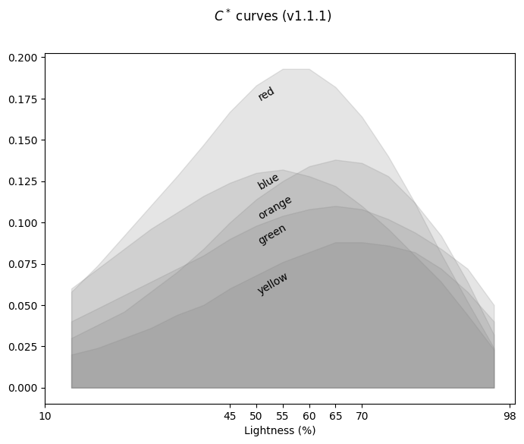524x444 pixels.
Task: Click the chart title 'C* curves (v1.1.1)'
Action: coord(272,16)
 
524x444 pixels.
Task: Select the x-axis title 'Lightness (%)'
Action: coord(280,430)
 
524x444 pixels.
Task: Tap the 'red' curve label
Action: coord(266,93)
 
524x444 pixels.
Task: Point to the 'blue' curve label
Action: coord(268,181)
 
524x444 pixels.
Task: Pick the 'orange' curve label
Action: coord(275,207)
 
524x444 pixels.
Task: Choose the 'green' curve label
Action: coord(272,235)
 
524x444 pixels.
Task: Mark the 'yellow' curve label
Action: coord(273,283)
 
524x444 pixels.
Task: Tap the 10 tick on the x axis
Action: coord(45,416)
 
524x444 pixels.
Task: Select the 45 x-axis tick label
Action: coord(231,416)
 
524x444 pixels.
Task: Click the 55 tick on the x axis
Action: coord(283,416)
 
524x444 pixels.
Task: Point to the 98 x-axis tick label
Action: coord(510,416)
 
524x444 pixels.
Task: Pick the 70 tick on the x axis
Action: coord(362,416)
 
